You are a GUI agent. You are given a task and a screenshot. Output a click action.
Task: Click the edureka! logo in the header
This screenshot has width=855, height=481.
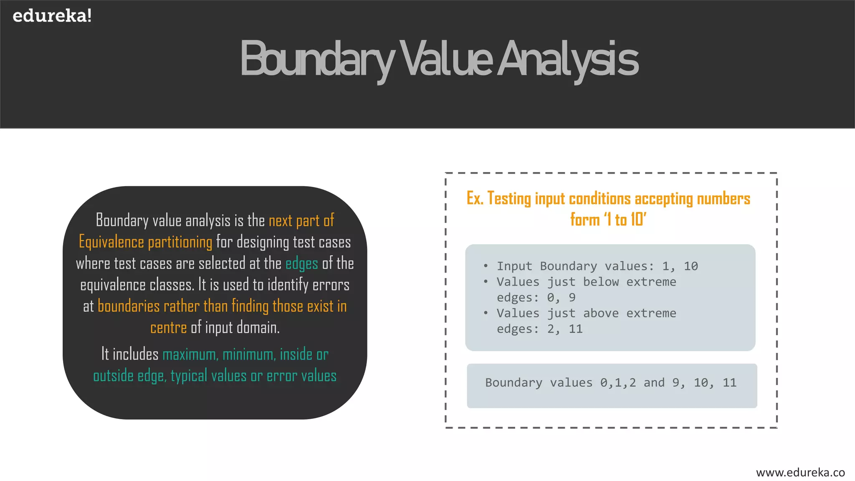[52, 16]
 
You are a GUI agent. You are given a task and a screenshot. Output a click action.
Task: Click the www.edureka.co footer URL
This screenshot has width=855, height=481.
[800, 472]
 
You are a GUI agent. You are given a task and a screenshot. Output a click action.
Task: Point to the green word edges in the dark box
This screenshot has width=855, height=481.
[301, 264]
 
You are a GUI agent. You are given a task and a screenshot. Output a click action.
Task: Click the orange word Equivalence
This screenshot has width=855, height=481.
[111, 242]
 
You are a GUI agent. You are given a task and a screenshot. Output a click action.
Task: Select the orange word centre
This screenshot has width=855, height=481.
[168, 328]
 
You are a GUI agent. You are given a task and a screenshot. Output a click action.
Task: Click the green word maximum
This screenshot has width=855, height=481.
[190, 354]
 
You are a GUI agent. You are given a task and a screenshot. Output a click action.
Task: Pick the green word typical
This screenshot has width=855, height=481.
[189, 376]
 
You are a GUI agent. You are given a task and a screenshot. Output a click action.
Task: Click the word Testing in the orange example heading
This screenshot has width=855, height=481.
[509, 199]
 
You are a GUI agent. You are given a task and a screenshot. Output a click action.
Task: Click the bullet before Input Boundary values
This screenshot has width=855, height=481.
[486, 266]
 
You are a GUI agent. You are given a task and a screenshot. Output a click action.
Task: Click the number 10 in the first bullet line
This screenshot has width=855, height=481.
[691, 266]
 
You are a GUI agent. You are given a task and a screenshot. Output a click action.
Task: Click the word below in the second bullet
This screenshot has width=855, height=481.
[601, 282]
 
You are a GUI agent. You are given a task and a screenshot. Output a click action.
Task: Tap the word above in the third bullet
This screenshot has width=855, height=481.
[601, 313]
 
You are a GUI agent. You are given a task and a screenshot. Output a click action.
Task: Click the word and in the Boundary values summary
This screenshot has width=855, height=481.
[654, 382]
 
